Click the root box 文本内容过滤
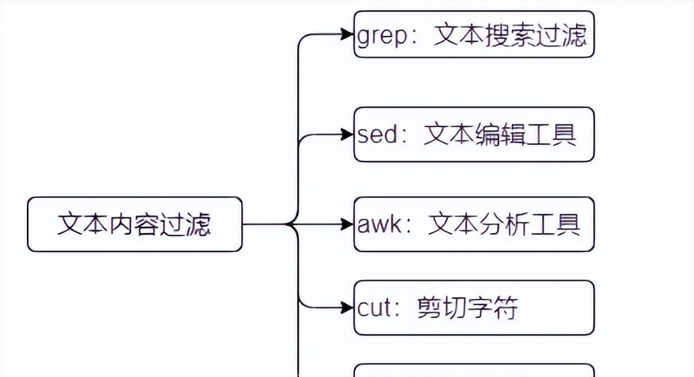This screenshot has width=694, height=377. coord(135,224)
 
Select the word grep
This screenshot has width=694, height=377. coord(382,36)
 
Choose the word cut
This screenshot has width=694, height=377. coord(374,308)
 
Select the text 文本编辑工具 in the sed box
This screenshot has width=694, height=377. coord(500,135)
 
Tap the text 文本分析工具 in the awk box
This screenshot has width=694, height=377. coord(504,224)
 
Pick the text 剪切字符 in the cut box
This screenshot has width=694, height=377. coord(467,308)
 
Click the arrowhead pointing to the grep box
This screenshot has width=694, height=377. coord(348,34)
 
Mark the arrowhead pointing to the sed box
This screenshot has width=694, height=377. coord(348,135)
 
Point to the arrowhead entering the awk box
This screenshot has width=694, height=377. coord(348,224)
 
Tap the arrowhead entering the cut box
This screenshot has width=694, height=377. coord(348,308)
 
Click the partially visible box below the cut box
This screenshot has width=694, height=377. coord(474,371)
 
